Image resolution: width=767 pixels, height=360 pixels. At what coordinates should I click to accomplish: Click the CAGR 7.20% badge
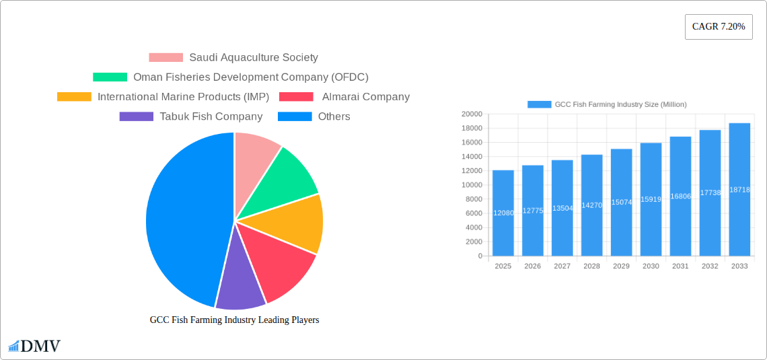click(x=719, y=27)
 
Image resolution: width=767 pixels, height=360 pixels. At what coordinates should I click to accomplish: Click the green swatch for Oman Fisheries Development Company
click(x=110, y=77)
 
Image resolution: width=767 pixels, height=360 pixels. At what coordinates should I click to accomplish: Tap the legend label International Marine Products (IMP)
click(x=183, y=97)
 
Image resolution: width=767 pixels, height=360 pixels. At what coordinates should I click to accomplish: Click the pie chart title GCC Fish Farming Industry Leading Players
click(x=234, y=320)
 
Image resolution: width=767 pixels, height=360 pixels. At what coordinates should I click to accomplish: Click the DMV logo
click(x=34, y=347)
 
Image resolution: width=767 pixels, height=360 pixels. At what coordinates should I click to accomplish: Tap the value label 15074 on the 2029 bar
click(x=621, y=202)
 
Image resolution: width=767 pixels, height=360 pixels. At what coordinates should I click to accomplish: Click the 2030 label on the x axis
click(x=651, y=266)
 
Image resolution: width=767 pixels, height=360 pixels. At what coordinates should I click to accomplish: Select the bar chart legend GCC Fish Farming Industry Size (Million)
click(x=607, y=104)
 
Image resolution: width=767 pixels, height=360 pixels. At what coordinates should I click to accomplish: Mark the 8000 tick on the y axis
click(x=473, y=199)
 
